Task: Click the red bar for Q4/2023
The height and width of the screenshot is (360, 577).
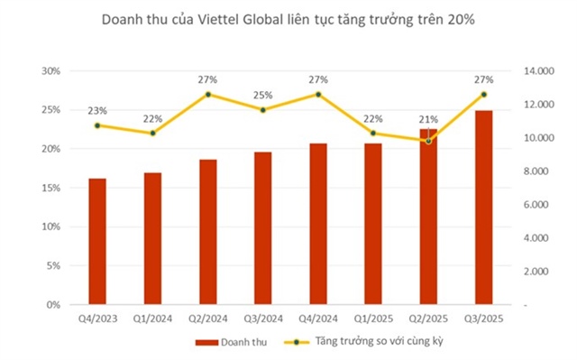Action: pos(97,242)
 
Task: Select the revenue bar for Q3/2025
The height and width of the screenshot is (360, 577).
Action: pos(483,208)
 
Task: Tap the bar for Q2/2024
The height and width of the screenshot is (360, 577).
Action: pos(208,232)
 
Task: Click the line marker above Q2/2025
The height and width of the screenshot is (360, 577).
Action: pos(428,141)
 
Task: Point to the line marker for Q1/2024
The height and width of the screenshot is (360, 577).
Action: pos(152,134)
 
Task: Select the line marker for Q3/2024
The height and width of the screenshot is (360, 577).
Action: pos(263,110)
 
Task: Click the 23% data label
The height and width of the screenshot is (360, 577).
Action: pos(97,111)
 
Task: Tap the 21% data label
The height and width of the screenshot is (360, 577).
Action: pos(428,120)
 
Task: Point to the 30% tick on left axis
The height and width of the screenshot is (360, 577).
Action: pos(51,71)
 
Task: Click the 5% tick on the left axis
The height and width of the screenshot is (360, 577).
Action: pos(54,266)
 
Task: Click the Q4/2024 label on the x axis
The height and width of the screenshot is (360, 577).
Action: pos(318,318)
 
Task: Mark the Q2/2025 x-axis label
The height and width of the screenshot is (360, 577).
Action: pos(428,318)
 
